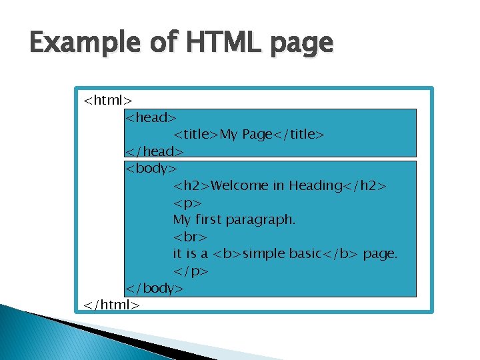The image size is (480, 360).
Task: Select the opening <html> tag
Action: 107,101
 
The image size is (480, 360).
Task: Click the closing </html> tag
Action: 112,305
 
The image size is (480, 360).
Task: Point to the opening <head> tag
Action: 151,118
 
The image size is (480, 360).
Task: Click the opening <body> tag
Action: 151,169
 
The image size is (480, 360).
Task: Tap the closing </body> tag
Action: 155,288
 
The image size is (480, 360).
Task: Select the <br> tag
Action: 190,237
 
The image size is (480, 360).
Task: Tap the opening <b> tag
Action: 226,254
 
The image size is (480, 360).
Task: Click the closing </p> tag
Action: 191,271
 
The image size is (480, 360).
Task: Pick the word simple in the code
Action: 263,254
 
